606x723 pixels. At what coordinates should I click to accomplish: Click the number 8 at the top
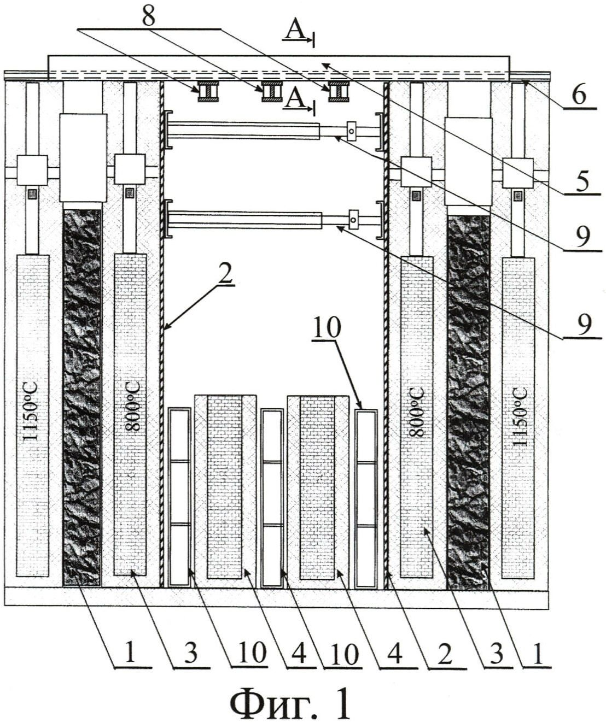click(x=148, y=15)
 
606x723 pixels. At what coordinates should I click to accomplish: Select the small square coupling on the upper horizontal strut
click(x=352, y=130)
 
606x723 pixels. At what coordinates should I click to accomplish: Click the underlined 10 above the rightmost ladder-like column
click(x=328, y=328)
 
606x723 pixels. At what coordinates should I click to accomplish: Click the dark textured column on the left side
click(x=82, y=393)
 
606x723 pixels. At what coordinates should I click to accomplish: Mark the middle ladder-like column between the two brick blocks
click(x=272, y=497)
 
